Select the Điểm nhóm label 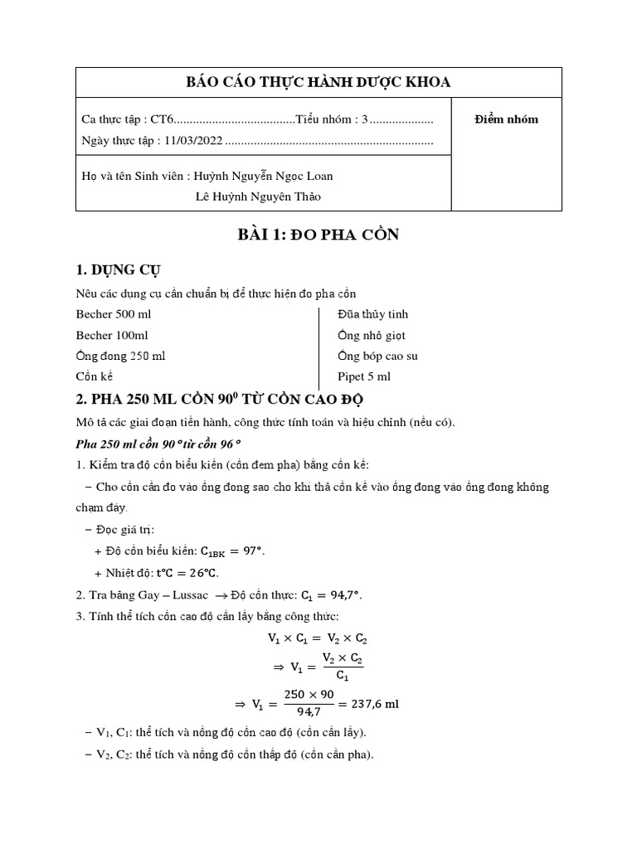tap(506, 119)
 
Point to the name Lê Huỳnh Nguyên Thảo tap(258, 196)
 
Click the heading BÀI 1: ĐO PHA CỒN tap(318, 235)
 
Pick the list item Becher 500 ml tap(114, 314)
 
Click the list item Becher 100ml tap(112, 335)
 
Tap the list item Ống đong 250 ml tap(120, 356)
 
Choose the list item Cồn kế tap(94, 376)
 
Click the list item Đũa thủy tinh tap(372, 314)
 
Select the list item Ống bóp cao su tap(377, 356)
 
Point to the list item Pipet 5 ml tap(364, 376)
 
